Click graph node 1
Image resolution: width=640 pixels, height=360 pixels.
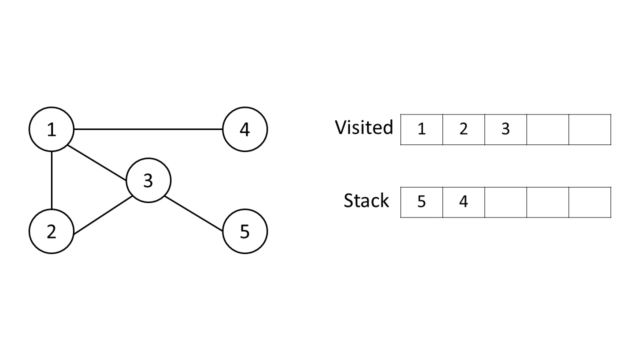point(51,129)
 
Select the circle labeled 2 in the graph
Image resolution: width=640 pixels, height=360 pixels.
point(51,231)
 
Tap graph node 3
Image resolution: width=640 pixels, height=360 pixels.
point(148,180)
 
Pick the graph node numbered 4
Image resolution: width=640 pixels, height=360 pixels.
point(244,129)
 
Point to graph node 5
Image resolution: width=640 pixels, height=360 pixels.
point(244,231)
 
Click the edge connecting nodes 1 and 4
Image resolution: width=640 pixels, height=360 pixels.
point(148,129)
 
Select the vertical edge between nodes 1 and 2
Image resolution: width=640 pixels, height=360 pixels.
point(51,180)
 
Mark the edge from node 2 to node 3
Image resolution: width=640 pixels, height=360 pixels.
point(102,214)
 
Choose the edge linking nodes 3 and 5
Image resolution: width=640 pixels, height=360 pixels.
point(194,213)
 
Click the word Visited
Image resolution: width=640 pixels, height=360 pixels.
point(364,127)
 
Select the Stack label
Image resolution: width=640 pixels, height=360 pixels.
point(366,200)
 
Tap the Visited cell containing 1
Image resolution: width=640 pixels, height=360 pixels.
point(421,129)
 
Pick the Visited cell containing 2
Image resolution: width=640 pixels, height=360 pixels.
point(463,129)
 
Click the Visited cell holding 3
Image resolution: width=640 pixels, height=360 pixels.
point(505,129)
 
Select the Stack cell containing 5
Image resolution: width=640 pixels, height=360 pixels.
point(421,202)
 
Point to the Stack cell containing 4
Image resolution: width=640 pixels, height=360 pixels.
point(463,202)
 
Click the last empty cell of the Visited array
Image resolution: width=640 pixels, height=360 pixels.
point(589,129)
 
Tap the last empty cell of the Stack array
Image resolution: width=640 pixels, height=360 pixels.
point(589,202)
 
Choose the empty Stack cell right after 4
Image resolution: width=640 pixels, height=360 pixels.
point(505,202)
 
